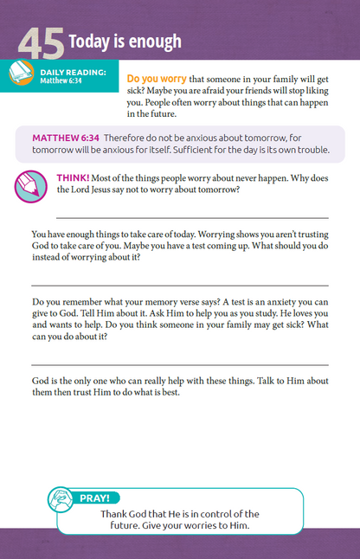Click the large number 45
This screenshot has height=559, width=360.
click(41, 44)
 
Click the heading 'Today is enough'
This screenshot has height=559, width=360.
click(125, 41)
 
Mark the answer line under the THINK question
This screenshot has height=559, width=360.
click(192, 217)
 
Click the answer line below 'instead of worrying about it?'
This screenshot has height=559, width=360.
click(180, 285)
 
